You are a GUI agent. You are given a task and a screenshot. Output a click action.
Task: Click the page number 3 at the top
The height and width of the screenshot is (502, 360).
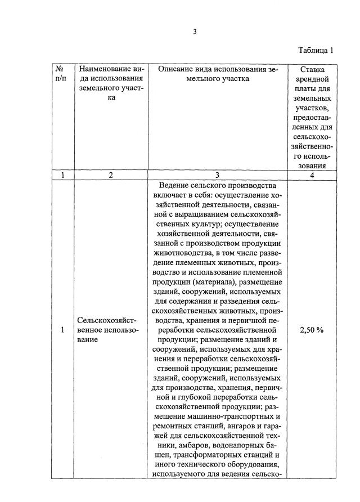click(x=195, y=32)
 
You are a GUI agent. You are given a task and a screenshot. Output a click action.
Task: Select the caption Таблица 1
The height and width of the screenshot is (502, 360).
click(x=315, y=50)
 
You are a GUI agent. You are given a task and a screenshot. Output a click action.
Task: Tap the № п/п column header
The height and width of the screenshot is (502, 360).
click(x=62, y=74)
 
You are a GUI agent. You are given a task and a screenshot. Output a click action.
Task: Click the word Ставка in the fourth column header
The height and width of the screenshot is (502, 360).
click(x=312, y=69)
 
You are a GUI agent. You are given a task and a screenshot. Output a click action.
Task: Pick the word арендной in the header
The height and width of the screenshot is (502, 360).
click(x=312, y=79)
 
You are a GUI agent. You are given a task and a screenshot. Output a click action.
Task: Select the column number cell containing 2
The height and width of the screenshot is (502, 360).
click(x=111, y=175)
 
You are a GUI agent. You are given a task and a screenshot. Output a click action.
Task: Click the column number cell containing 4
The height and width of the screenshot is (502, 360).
click(x=312, y=175)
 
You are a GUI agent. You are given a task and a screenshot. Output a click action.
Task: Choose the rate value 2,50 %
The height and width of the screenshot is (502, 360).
click(x=312, y=330)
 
